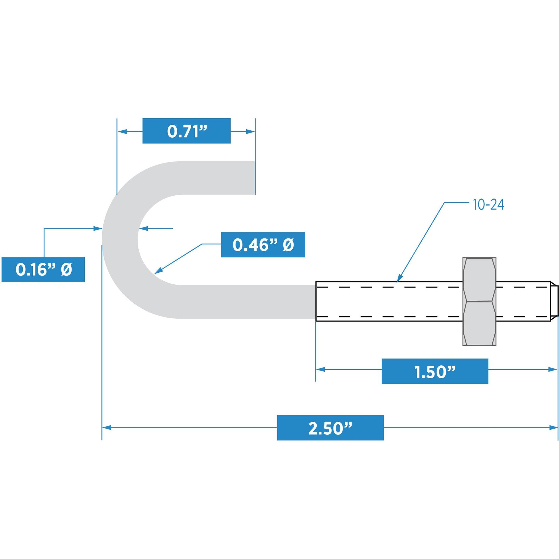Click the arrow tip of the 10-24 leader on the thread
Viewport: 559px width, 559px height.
coord(397,282)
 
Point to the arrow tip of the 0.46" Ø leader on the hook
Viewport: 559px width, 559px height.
coord(155,274)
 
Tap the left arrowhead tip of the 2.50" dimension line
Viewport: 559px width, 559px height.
coord(103,428)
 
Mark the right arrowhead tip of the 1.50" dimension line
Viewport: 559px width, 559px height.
coord(557,369)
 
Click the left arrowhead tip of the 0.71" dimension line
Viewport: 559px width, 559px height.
coord(117,132)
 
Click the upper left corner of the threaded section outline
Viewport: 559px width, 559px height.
coord(316,282)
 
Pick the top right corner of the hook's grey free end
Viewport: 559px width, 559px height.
coord(255,161)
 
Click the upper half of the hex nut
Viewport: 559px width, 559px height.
coord(479,279)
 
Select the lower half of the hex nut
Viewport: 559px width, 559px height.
coord(479,323)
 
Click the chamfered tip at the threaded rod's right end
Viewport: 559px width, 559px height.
coord(554,301)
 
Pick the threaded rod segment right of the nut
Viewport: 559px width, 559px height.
coord(523,301)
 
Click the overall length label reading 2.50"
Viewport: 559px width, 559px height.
coord(330,428)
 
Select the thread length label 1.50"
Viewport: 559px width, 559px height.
coord(435,371)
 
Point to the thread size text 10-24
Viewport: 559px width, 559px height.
coord(489,205)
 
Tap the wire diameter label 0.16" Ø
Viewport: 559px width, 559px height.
coord(43,269)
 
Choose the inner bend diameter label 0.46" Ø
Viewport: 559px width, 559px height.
coord(263,245)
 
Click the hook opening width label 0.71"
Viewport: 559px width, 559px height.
coord(187,131)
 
